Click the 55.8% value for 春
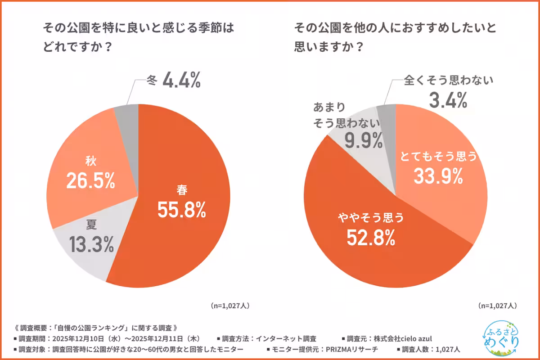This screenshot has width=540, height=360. [181, 210]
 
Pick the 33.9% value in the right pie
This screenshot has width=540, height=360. [438, 176]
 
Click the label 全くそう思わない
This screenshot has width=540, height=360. [449, 81]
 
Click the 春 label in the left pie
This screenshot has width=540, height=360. [182, 190]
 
